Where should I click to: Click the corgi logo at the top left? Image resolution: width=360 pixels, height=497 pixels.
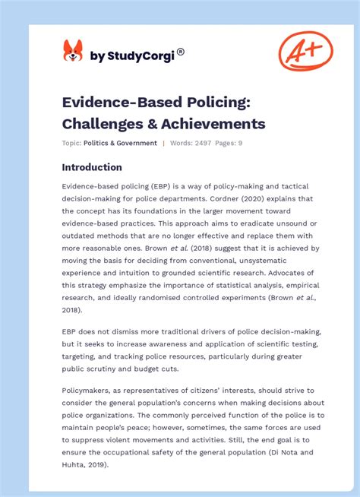coord(73,51)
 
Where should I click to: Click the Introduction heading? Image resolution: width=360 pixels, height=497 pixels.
coord(92,167)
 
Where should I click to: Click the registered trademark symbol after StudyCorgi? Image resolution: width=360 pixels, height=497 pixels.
coord(181,52)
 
